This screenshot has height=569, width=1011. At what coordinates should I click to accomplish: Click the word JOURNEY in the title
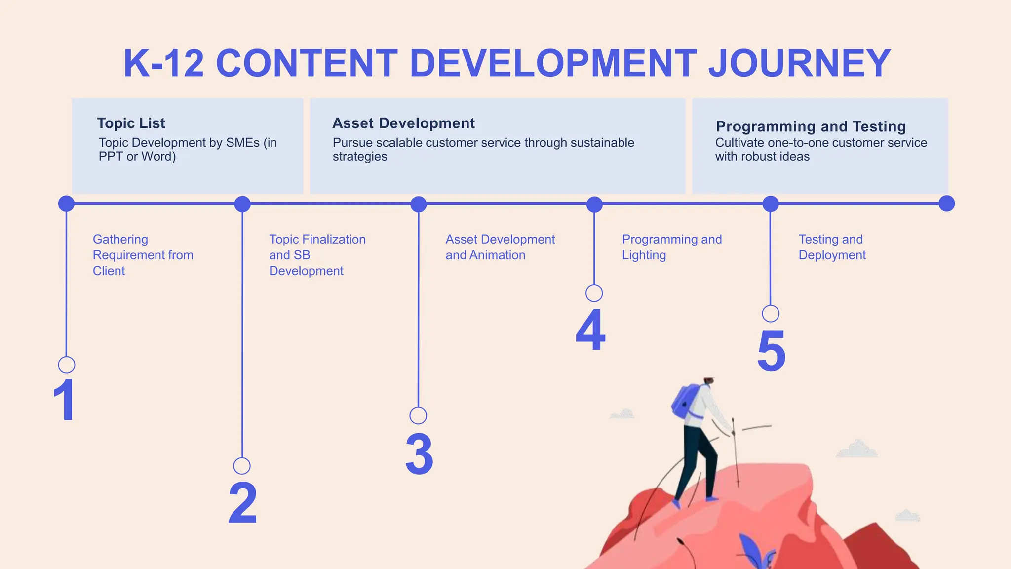pos(799,63)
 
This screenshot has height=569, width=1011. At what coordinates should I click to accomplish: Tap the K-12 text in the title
pos(163,63)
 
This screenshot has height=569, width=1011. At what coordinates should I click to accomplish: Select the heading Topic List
pos(131,123)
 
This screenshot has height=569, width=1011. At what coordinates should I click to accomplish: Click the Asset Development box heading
pos(403,123)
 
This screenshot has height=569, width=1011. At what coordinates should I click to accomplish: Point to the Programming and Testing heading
pos(811,126)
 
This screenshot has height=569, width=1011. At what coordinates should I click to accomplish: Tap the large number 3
pos(419,454)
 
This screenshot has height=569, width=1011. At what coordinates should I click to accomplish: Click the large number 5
pos(771,351)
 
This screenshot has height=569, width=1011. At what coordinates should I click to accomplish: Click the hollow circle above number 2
pos(242,466)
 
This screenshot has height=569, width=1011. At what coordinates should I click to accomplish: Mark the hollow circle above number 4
pos(594,293)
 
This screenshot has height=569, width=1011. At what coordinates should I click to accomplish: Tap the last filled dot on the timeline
pos(946,203)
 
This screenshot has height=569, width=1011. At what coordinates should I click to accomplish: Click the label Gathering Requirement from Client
pos(143,255)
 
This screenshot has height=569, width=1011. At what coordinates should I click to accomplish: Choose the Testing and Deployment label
pos(832,247)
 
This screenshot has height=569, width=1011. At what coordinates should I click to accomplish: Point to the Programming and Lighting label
pos(671,247)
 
